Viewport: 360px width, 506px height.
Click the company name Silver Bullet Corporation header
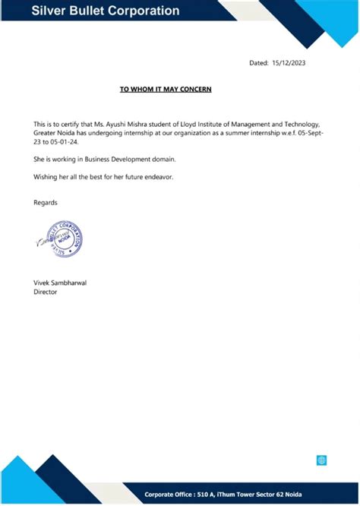click(106, 11)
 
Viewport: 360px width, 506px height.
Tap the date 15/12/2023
click(289, 63)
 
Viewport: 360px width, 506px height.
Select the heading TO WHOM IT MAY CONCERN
click(165, 90)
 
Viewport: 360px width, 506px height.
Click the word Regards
click(46, 202)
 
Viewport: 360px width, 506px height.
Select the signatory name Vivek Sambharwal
click(60, 282)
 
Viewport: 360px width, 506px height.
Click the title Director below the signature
click(46, 291)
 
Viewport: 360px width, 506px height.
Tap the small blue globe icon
click(321, 460)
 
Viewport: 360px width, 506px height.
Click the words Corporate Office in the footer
click(169, 494)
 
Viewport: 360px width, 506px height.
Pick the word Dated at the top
click(258, 63)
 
